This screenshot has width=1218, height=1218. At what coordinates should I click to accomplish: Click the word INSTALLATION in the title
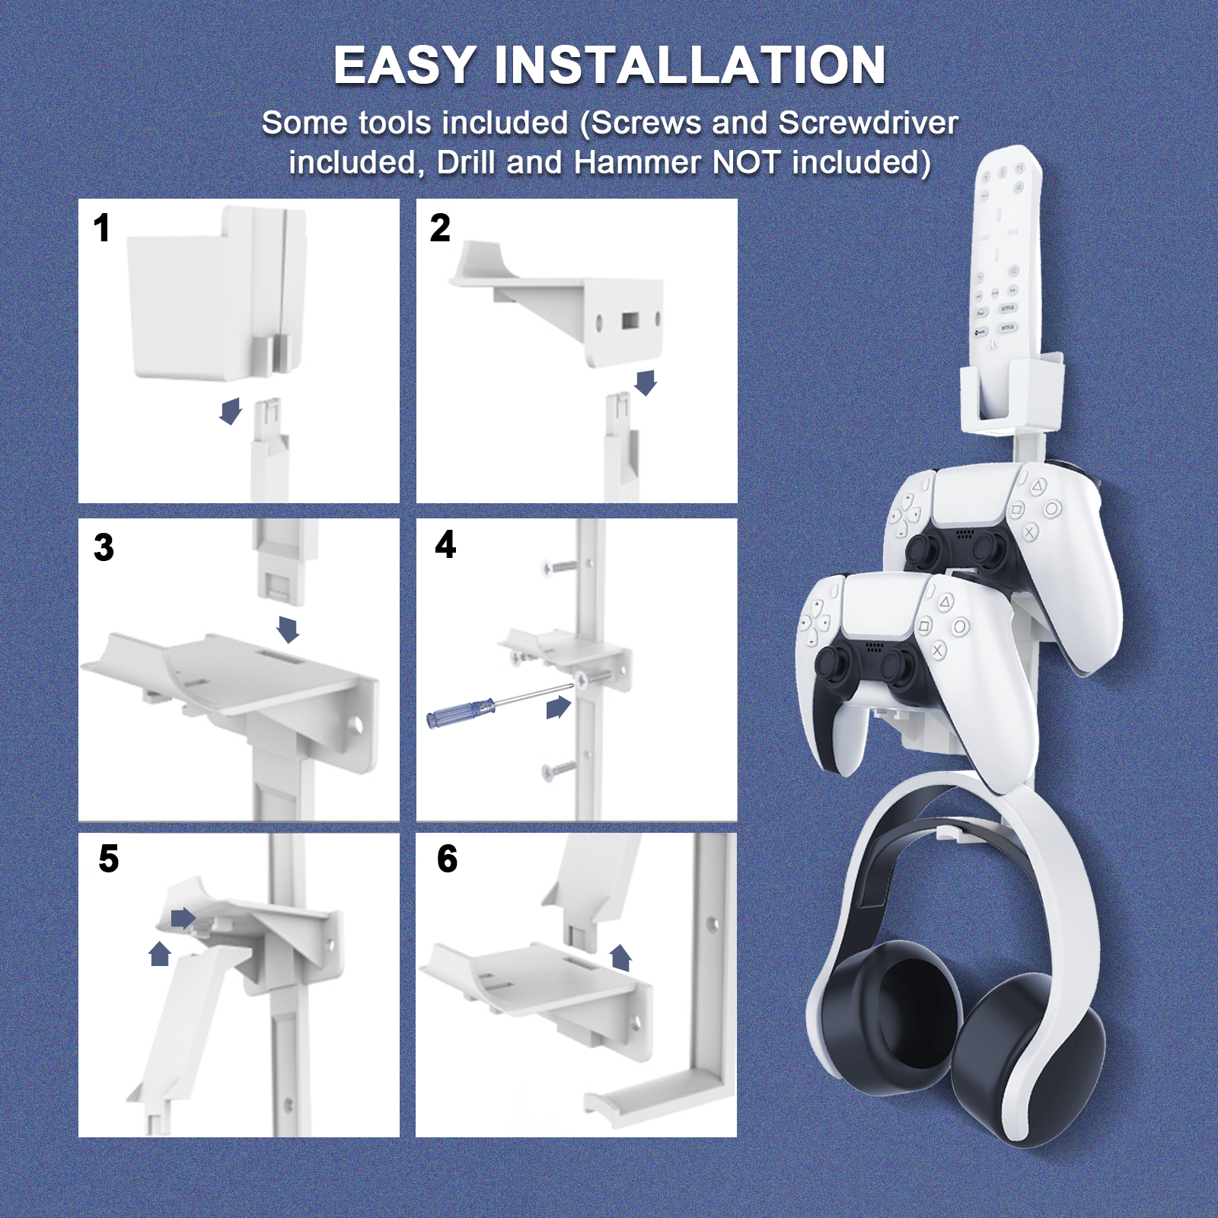[x=690, y=65]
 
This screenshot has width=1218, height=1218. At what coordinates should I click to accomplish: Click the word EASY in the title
[x=405, y=65]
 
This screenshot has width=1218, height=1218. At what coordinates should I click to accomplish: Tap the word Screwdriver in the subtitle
[x=868, y=123]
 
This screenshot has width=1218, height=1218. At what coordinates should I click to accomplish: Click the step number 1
[x=102, y=228]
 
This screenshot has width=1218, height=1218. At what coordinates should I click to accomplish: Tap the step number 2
[x=440, y=228]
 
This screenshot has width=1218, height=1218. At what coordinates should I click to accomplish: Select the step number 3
[x=104, y=547]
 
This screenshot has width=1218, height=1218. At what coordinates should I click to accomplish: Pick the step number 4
[x=445, y=544]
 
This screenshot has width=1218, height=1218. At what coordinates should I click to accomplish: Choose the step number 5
[x=109, y=859]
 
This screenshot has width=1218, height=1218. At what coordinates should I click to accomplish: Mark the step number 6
[x=447, y=859]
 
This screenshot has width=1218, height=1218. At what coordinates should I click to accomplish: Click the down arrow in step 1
[x=231, y=411]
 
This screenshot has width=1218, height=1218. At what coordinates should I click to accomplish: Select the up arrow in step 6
[x=620, y=958]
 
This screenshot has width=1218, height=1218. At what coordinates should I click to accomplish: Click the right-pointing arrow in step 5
[x=183, y=918]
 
